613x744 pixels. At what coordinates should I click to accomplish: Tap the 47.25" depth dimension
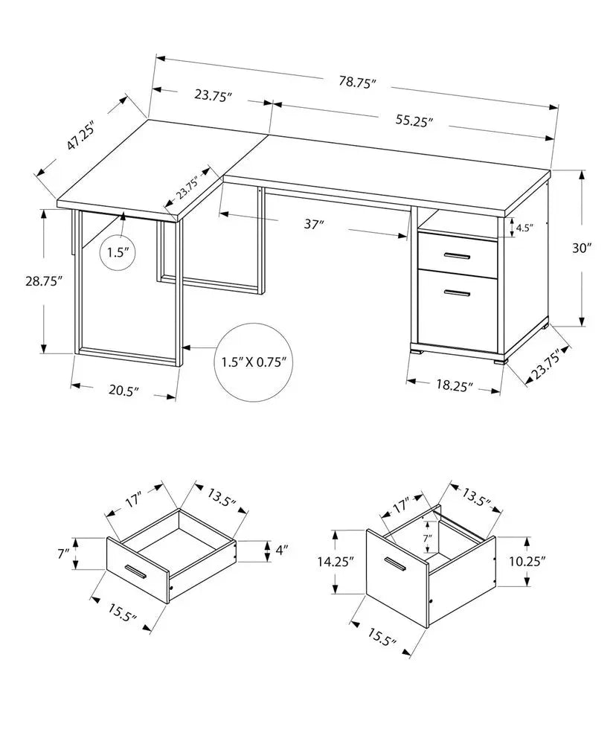coord(82,134)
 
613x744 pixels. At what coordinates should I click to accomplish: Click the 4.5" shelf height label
coord(525,228)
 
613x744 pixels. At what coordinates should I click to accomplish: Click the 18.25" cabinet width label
coord(453,386)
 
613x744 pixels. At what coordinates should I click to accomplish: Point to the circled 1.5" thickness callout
coord(118,253)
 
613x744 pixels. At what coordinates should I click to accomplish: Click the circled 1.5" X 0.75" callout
coord(254,362)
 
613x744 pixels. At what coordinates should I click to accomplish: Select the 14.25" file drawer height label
coord(333,561)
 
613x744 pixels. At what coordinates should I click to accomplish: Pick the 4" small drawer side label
coord(280,551)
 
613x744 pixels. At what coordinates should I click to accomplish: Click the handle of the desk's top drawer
coord(456,257)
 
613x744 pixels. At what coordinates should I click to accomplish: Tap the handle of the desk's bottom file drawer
coord(456,294)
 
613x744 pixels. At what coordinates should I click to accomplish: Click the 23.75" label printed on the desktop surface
coord(187,188)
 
